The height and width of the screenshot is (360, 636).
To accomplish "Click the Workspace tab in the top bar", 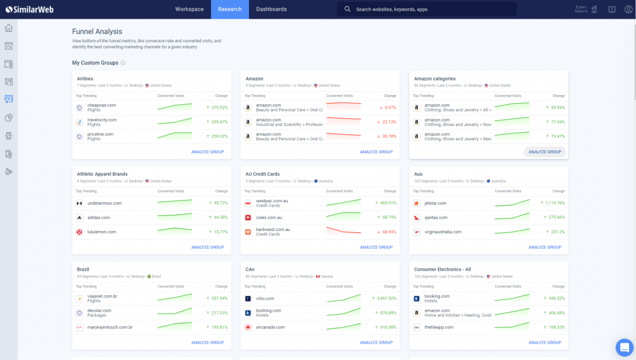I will tap(189, 9).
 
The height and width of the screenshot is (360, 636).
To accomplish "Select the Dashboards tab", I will tap(271, 9).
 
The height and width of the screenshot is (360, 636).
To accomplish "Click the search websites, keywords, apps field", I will tap(429, 9).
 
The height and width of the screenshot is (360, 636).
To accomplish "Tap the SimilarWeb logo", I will tap(29, 9).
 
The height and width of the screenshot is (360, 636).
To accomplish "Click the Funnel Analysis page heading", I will tap(97, 32).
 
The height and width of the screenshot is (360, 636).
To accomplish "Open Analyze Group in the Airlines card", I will tap(207, 152).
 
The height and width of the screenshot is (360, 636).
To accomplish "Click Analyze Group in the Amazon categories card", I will tap(545, 152).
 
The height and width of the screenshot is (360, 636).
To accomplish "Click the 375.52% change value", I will tap(219, 107).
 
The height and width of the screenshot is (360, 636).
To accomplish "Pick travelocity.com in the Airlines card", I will tap(102, 120).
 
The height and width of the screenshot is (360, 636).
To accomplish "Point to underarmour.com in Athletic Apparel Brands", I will tap(104, 203).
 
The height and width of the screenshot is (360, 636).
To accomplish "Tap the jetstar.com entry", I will tap(435, 203).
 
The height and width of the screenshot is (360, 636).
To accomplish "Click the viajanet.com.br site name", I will tap(102, 296).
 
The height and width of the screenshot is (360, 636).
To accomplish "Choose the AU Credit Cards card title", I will tap(263, 174).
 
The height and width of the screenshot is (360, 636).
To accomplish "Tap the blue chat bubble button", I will tap(624, 347).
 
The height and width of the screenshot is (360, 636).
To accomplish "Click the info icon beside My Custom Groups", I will tap(124, 63).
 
